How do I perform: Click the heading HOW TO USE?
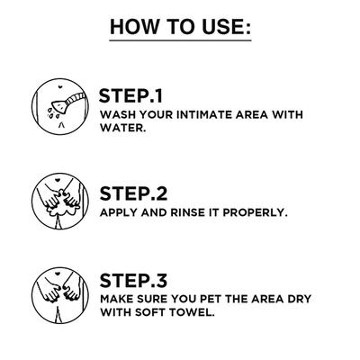[x=180, y=27]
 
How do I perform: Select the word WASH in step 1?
[x=116, y=114]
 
